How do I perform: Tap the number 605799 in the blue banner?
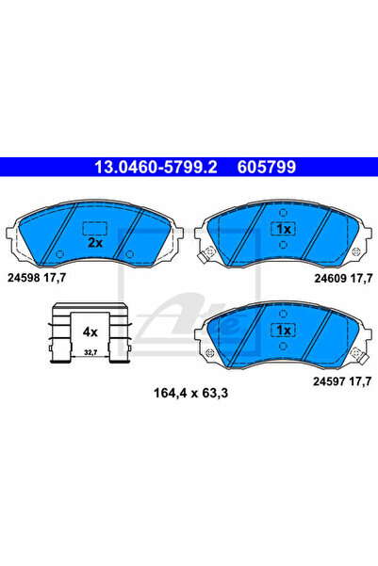(x=266, y=169)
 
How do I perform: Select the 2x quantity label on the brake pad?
(x=94, y=241)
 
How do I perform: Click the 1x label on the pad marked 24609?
(x=281, y=230)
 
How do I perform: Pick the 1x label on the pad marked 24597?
(x=281, y=331)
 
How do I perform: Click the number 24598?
(x=28, y=278)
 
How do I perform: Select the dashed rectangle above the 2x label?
(x=94, y=227)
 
